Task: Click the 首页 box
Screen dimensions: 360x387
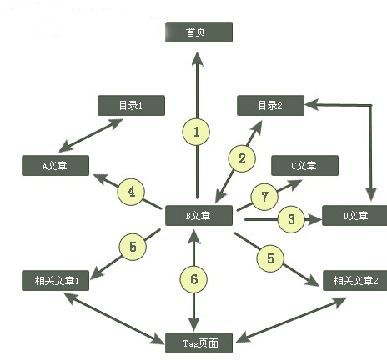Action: pos(198,32)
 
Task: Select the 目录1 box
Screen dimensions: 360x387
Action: pos(132,106)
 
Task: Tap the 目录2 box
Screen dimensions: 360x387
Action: pos(271,106)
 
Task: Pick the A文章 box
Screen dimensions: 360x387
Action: pos(56,165)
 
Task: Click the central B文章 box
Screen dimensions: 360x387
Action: pos(199,215)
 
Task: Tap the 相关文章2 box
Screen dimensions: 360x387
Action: pos(355,280)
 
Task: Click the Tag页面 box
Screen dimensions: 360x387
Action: pos(198,341)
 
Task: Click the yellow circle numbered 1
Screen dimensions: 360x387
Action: pos(197,132)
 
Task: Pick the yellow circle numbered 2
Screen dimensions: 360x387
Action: pos(242,157)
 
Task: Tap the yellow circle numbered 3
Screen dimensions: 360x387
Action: pos(291,219)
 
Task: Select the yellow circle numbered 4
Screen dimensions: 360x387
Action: pos(131,192)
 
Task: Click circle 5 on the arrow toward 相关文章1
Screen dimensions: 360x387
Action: pos(132,246)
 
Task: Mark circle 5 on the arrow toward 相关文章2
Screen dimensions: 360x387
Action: pos(270,258)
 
